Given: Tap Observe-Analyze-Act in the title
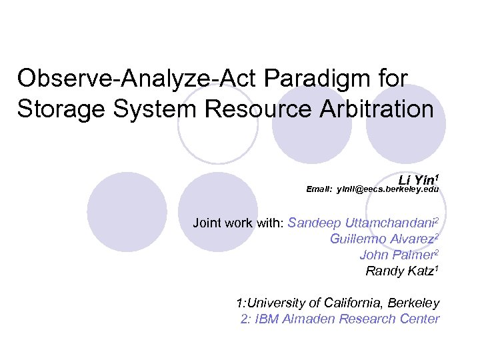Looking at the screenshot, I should coord(137,79).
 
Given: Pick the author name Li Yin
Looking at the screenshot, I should coord(416,180).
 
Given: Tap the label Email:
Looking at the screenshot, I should coord(319,190).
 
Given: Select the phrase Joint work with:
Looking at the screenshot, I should coord(238,223).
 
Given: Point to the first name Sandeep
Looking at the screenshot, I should coord(313,223).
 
